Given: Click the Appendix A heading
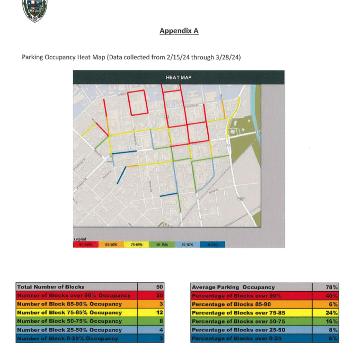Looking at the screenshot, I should point(179,31).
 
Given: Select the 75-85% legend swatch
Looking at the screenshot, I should point(136,245).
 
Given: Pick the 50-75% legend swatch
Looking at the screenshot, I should point(162,245).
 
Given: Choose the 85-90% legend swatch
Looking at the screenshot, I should point(111,245).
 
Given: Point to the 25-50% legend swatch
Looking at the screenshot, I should point(187,245).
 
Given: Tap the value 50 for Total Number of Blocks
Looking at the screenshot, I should point(160,287).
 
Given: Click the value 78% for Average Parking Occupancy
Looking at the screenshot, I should point(332,287).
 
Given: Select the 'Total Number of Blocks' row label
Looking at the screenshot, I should point(51,287).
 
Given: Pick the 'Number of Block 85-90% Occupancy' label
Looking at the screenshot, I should point(69,304).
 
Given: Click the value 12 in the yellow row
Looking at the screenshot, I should point(160,312).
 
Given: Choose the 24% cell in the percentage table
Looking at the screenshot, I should point(332,312).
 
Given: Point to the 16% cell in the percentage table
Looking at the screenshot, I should point(332,321).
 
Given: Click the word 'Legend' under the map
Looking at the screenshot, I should point(79,239).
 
